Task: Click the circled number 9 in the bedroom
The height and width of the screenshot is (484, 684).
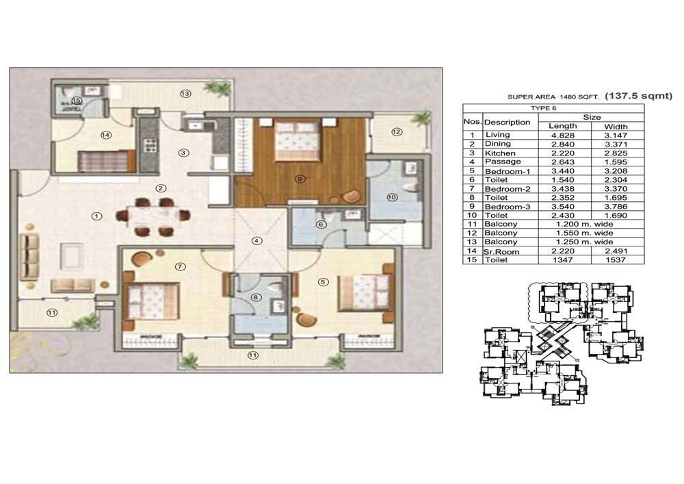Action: point(300,179)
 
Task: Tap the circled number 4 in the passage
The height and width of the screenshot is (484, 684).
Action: point(257,241)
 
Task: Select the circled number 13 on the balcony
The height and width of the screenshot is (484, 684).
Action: point(185,93)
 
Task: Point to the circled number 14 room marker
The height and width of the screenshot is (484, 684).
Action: point(106,136)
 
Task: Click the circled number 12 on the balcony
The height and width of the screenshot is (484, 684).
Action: point(397,132)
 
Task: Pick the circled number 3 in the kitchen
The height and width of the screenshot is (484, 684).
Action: point(183,153)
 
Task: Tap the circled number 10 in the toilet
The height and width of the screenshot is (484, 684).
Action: point(392,197)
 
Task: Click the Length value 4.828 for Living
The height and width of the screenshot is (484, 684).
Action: point(563,136)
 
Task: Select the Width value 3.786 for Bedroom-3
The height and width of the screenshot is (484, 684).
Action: point(616,207)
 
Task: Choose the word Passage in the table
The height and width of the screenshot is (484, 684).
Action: point(503,162)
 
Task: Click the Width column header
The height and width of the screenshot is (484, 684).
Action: point(616,127)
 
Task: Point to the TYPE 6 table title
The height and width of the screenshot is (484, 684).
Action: point(544,108)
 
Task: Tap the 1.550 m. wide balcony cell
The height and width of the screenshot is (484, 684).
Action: point(585,233)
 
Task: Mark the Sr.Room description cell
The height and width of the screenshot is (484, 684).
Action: point(501,251)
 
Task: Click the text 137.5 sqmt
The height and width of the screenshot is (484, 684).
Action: point(639,96)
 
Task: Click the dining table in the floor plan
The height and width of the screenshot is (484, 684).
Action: point(153,216)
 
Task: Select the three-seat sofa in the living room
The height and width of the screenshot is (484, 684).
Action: point(29,255)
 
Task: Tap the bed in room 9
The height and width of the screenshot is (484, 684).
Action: point(297,140)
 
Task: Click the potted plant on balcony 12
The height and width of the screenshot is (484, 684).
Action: point(421,117)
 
